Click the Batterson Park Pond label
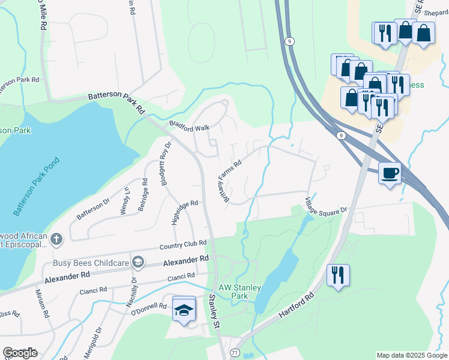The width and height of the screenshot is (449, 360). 37,188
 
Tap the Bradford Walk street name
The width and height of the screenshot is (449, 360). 189,127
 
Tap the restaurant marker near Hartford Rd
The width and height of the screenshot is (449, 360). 338,275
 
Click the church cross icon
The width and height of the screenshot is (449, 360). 56,239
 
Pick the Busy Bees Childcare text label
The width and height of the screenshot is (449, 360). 92,261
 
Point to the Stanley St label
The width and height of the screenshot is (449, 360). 213,311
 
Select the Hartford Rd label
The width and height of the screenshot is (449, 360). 297,305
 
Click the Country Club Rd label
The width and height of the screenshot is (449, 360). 182,245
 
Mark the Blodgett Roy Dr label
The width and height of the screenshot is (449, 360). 166,163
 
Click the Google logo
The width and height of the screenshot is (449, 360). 20,353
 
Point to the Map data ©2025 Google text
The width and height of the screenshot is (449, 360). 412,355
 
